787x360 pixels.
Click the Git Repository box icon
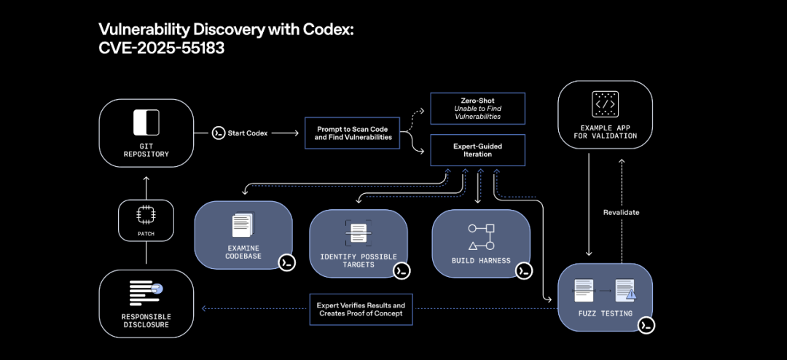click(146, 122)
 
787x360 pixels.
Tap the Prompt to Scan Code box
click(353, 133)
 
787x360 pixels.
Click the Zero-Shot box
click(477, 107)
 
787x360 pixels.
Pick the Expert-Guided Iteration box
click(477, 151)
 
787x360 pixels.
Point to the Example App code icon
click(604, 104)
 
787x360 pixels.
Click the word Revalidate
click(622, 212)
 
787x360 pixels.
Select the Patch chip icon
click(146, 214)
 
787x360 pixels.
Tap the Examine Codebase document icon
click(243, 224)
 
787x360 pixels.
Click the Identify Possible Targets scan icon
click(358, 233)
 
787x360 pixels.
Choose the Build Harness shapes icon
click(481, 237)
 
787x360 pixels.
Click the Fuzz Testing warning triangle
click(631, 295)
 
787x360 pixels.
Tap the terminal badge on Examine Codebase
click(286, 262)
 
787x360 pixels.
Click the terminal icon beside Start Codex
click(218, 133)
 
